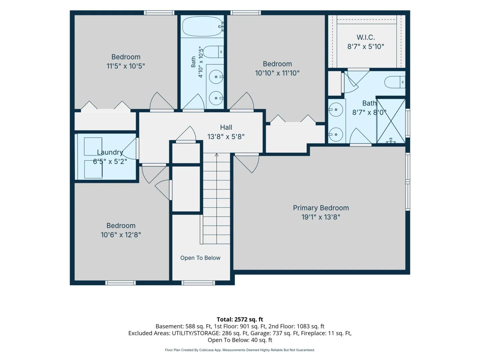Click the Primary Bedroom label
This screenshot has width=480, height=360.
click(x=321, y=208)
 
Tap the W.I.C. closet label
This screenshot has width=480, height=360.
click(x=366, y=37)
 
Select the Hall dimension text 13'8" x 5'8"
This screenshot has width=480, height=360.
click(x=226, y=137)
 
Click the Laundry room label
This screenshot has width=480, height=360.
click(x=110, y=152)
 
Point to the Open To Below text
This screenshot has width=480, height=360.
click(x=200, y=258)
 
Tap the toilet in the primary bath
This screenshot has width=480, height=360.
click(x=395, y=82)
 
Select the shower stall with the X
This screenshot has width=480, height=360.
click(x=391, y=121)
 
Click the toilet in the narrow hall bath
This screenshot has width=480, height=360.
click(x=213, y=52)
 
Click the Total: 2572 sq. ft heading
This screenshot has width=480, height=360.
click(x=240, y=320)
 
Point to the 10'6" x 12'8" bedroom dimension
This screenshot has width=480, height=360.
click(x=121, y=235)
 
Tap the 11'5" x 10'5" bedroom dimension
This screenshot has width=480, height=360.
click(x=126, y=66)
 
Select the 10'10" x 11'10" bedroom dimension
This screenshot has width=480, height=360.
click(x=277, y=73)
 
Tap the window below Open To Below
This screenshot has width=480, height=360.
click(x=198, y=283)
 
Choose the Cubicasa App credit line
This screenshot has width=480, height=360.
click(x=240, y=350)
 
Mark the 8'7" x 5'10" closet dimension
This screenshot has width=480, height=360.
click(x=366, y=47)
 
